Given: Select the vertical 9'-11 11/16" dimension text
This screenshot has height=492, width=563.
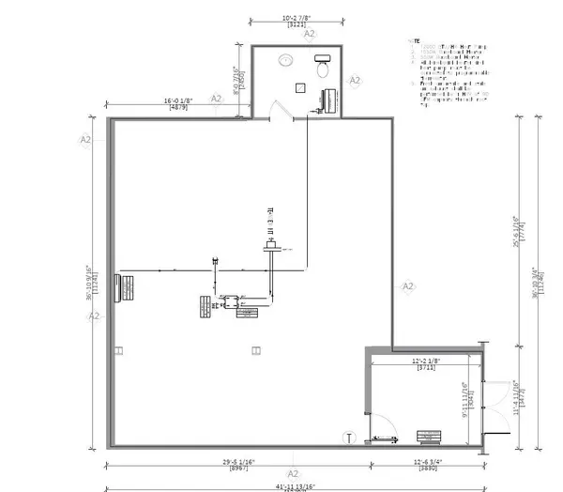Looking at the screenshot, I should pyautogui.click(x=464, y=397).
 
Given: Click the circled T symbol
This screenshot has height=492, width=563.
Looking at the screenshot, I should pyautogui.click(x=349, y=438).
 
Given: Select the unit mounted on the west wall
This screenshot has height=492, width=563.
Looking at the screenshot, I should pyautogui.click(x=123, y=286).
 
